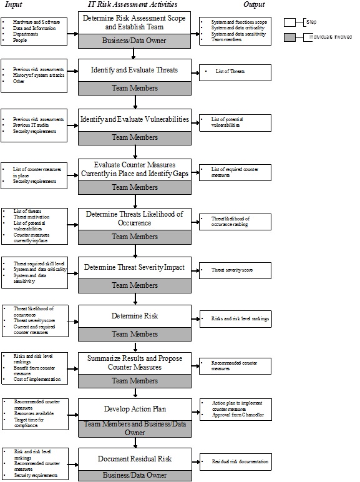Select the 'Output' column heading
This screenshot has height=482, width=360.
click(254, 4)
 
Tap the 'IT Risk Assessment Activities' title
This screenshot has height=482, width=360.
click(134, 4)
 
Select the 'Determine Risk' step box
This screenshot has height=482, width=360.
click(134, 316)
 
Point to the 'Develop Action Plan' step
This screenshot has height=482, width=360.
click(134, 409)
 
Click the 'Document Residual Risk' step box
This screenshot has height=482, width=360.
click(134, 458)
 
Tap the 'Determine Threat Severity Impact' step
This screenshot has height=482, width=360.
click(134, 267)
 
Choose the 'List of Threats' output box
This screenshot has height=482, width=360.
click(235, 72)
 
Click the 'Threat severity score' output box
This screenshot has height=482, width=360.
click(235, 270)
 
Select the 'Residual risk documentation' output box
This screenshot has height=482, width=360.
click(235, 463)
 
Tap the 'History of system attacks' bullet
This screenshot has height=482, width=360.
click(37, 75)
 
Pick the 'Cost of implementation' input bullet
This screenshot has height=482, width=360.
click(37, 380)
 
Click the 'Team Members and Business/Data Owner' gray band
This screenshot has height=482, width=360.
click(134, 428)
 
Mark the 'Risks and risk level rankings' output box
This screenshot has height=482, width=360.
click(235, 318)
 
